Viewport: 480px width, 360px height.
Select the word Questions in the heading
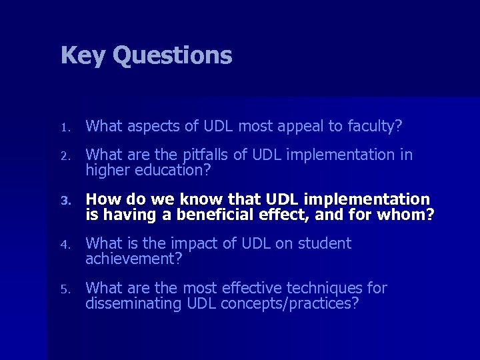pyautogui.click(x=172, y=55)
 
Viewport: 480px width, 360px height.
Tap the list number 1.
pyautogui.click(x=64, y=127)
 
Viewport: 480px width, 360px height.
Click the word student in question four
pyautogui.click(x=323, y=244)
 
